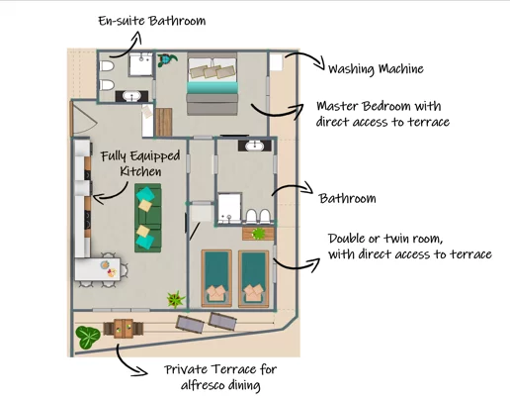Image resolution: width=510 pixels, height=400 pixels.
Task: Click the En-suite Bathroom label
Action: (x=152, y=21)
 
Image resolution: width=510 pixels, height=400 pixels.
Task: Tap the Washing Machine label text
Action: (x=376, y=69)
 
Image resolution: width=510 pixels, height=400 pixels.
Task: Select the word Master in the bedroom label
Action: (x=337, y=106)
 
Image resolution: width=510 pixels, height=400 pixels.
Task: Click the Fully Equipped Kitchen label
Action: (x=140, y=163)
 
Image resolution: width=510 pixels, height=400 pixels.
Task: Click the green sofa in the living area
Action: (x=148, y=218)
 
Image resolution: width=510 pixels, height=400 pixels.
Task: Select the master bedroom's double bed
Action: (x=212, y=83)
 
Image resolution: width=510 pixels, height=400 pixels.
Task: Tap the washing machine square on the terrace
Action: (x=277, y=61)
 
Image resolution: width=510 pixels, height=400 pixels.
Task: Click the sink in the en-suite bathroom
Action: (x=131, y=96)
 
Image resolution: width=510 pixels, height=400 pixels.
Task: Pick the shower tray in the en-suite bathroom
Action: (x=141, y=64)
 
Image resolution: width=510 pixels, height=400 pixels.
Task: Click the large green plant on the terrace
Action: (x=88, y=338)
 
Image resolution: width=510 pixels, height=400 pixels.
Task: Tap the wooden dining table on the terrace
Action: (x=124, y=329)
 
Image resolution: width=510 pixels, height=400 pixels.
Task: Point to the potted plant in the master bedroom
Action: (x=166, y=60)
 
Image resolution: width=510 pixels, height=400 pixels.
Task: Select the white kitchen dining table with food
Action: (x=98, y=269)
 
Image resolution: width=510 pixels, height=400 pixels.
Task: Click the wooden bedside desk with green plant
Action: (x=258, y=234)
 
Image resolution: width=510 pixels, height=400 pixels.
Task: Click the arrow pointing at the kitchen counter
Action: (x=111, y=193)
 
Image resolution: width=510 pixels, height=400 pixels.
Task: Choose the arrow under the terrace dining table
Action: (x=128, y=361)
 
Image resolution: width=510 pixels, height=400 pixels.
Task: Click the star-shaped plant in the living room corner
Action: (x=176, y=300)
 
